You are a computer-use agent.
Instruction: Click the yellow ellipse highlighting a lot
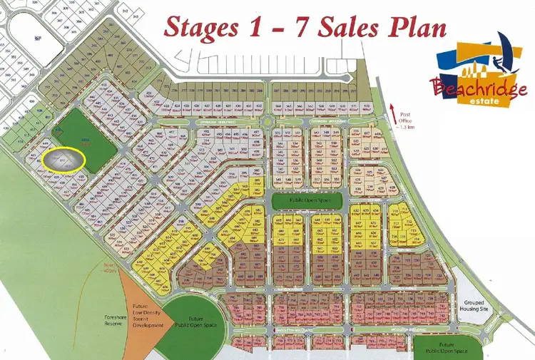tap(63, 159)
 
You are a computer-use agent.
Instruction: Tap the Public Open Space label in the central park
tap(307, 202)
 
